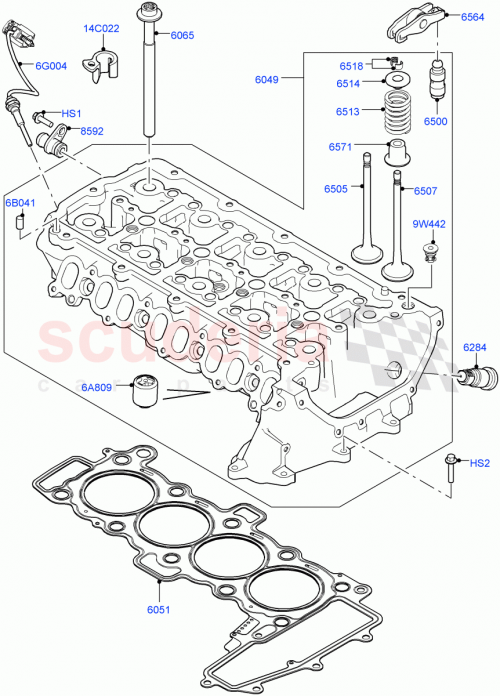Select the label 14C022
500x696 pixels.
pos(101,28)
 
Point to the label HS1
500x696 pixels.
pos(72,114)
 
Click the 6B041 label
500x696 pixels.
pos(20,203)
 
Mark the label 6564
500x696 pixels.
pos(473,17)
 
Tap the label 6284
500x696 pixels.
pos(475,347)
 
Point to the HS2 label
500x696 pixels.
pos(480,463)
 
